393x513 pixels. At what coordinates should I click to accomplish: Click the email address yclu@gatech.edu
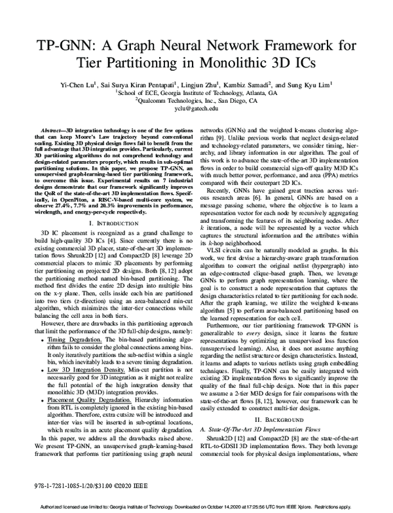196,110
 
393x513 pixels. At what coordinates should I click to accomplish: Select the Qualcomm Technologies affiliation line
196,102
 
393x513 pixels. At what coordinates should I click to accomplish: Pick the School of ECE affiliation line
196,93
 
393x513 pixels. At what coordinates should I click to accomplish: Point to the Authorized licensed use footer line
196,508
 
